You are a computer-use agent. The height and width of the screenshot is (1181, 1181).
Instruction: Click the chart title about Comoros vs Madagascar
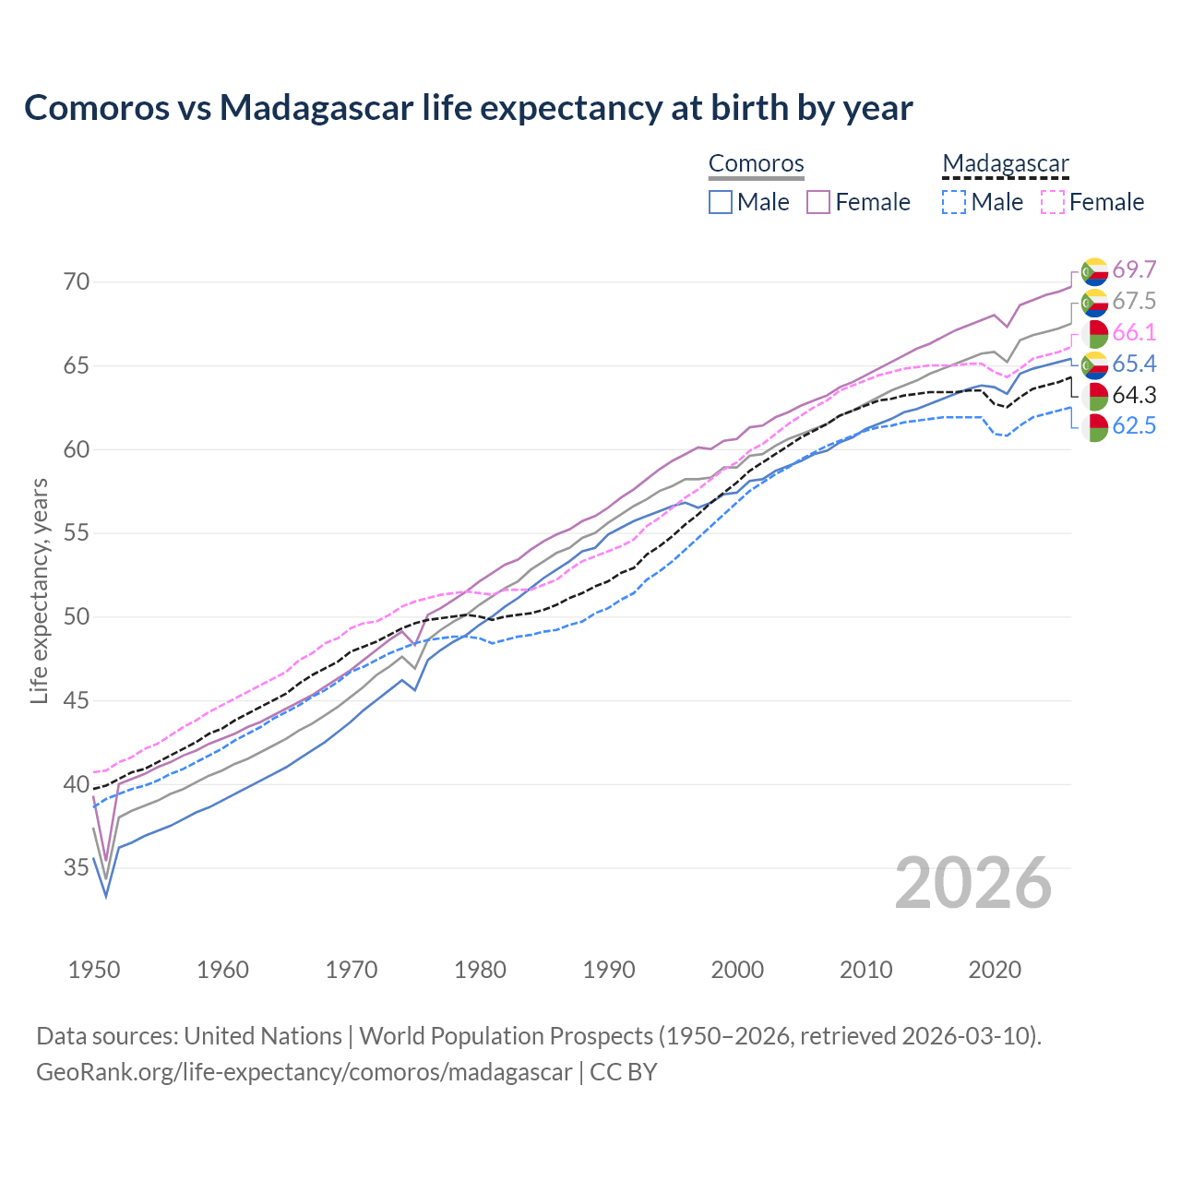click(x=468, y=108)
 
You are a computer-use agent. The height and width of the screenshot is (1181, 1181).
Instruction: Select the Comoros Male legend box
click(x=721, y=202)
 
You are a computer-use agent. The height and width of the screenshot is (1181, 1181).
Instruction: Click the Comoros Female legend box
click(x=818, y=202)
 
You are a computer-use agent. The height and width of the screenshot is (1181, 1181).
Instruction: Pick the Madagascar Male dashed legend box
click(x=954, y=202)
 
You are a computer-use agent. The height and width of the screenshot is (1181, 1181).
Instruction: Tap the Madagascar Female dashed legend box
click(x=1053, y=202)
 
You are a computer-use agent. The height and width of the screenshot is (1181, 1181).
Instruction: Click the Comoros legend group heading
click(x=757, y=163)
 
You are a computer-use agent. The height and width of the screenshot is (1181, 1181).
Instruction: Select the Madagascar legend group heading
click(x=1005, y=163)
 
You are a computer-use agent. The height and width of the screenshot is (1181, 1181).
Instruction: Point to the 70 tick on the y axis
click(x=77, y=281)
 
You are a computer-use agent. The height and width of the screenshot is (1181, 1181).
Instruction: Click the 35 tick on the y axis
click(x=77, y=868)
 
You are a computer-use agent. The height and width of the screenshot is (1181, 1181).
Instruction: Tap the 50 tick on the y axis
click(x=77, y=616)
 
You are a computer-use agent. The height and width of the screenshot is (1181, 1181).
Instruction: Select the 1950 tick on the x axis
click(x=94, y=970)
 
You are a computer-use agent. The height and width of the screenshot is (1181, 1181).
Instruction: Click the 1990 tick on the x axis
click(x=609, y=970)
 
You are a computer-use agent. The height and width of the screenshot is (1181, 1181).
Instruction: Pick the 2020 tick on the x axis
click(x=996, y=970)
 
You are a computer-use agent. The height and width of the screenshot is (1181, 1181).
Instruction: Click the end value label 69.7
click(x=1134, y=269)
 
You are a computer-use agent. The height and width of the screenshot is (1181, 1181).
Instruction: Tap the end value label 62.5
click(x=1134, y=426)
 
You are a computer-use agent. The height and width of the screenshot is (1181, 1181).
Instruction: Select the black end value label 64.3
click(x=1134, y=395)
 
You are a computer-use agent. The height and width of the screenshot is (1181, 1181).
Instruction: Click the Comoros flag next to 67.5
click(x=1094, y=302)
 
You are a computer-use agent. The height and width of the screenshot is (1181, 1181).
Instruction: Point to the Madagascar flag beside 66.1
click(x=1094, y=333)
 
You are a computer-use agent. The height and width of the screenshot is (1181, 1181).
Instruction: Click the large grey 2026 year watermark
click(x=973, y=883)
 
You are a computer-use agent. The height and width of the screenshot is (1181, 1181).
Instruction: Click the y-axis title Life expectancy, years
click(x=40, y=590)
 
